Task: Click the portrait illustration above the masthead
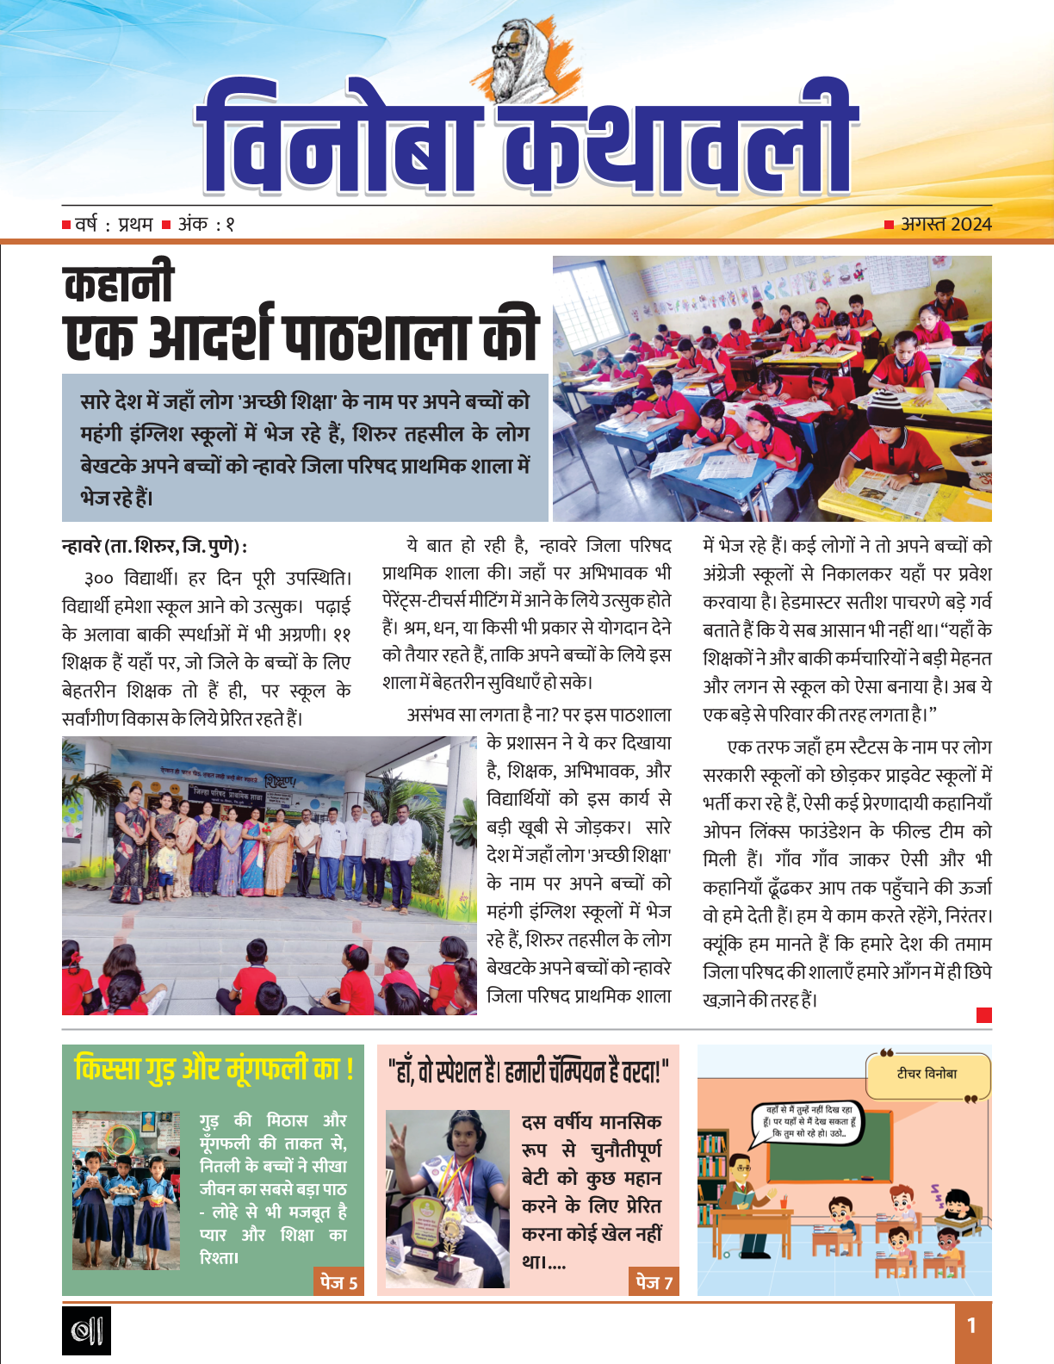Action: (526, 53)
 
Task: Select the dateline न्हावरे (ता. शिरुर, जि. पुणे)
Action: (155, 547)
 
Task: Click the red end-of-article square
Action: (984, 1015)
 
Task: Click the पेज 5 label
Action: (338, 1282)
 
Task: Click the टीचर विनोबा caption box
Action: (927, 1074)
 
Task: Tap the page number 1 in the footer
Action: (972, 1325)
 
